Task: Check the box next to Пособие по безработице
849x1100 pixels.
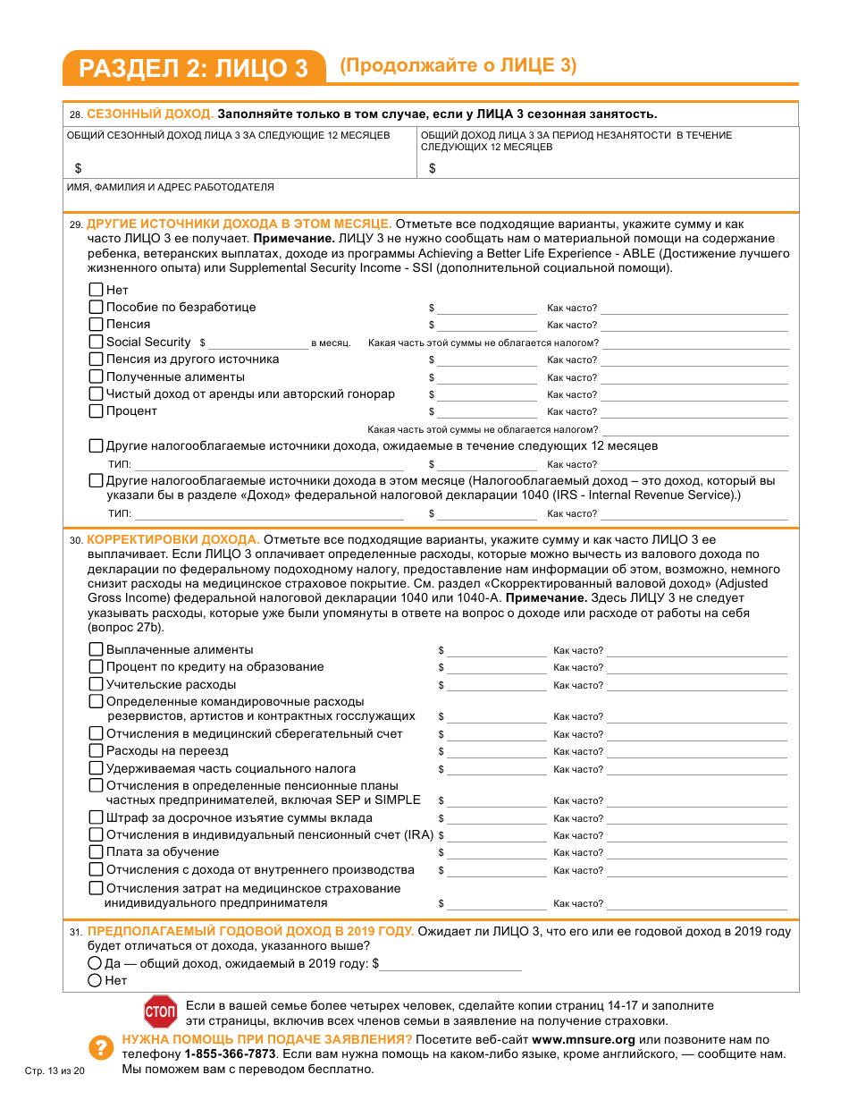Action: [97, 307]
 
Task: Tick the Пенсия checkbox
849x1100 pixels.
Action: [97, 325]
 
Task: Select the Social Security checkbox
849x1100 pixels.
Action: [97, 342]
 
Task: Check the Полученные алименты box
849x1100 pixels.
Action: [97, 377]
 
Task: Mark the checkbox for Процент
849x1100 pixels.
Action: [97, 411]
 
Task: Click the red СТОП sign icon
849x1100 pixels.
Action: [161, 1011]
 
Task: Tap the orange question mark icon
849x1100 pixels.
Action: [99, 1047]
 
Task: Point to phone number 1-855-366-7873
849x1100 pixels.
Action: [231, 1054]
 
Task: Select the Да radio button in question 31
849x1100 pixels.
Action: [95, 963]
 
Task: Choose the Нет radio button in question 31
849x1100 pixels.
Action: [95, 980]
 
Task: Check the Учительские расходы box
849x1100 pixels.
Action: [97, 684]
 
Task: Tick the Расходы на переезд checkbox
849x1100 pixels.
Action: [97, 750]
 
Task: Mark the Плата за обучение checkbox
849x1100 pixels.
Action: [97, 852]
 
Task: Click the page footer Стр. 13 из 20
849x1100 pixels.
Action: [54, 1071]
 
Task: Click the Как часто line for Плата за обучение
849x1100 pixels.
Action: [696, 854]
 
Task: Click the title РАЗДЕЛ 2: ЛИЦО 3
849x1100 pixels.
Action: [193, 69]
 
